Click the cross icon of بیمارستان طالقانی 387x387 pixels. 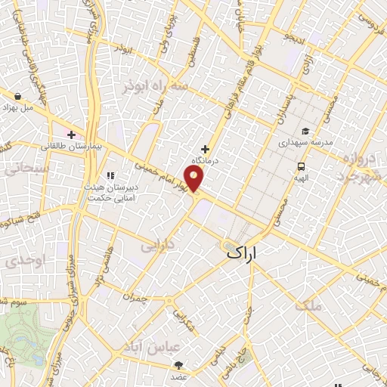pos(71,135)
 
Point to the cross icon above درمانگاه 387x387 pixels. pos(205,149)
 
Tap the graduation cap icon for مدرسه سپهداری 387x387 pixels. pos(305,131)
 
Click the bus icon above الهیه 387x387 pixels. pos(302,166)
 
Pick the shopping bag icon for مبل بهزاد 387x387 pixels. pos(17,96)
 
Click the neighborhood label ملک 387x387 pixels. pos(311,305)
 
